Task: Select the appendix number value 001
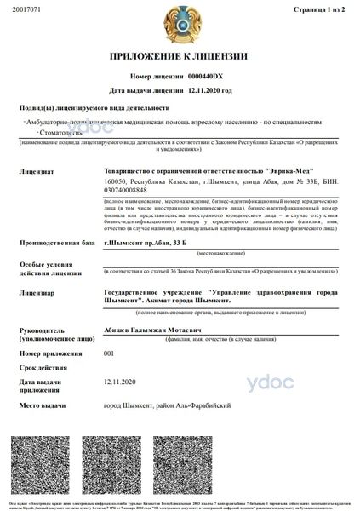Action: coord(108,353)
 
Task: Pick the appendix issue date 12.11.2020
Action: coord(119,383)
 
